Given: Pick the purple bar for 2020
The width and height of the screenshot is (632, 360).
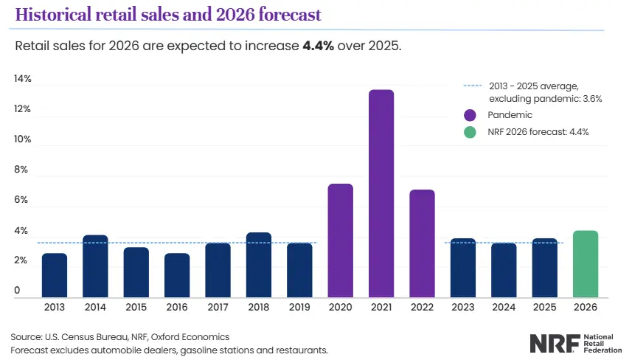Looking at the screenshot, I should [340, 240].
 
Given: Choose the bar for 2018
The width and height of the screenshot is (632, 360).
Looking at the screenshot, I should [259, 264].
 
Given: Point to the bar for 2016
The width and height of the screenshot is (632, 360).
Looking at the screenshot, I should [177, 274].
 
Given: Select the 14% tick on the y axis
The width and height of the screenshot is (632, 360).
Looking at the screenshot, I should [22, 79].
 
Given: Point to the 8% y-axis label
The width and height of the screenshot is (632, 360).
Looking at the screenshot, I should [21, 170].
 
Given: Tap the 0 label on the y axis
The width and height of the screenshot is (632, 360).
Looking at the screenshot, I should [16, 291].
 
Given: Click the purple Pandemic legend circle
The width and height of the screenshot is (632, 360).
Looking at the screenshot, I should [470, 115].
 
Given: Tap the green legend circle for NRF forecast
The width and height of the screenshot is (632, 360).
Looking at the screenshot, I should [470, 132].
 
